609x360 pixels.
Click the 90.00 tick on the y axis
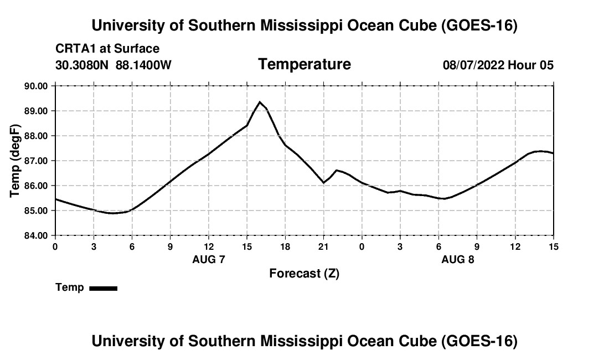36,86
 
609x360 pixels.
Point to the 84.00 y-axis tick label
36,236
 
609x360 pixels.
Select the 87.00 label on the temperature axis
36,161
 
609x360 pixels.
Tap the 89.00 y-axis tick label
36,111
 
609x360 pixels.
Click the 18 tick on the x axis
285,247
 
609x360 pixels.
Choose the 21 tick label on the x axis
323,247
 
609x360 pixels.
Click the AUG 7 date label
209,259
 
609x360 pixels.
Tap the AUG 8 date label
458,259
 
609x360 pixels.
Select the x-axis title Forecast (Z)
304,274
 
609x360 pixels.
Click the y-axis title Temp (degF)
15,161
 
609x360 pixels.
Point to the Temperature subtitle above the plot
304,64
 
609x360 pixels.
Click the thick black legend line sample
104,288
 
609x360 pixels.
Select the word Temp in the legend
70,287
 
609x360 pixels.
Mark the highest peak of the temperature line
260,102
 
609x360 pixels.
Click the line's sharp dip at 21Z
323,183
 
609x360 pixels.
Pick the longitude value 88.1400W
143,65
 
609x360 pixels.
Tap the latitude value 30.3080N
82,65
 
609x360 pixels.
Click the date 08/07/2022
474,65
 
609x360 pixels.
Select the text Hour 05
531,65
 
